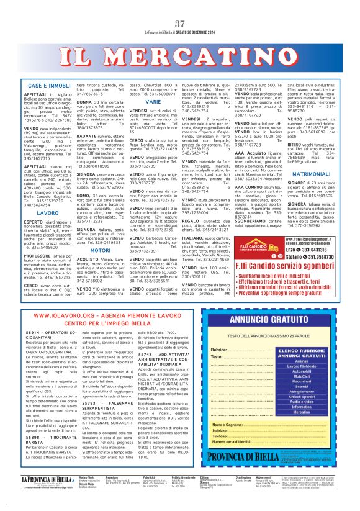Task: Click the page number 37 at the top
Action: click(180, 6)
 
